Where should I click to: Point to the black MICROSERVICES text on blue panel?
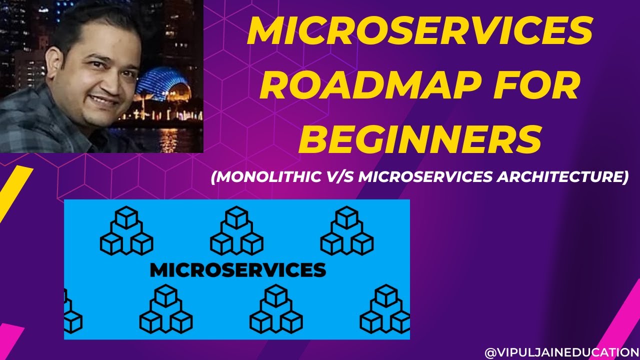tap(237, 270)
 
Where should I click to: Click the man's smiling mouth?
tap(104, 99)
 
